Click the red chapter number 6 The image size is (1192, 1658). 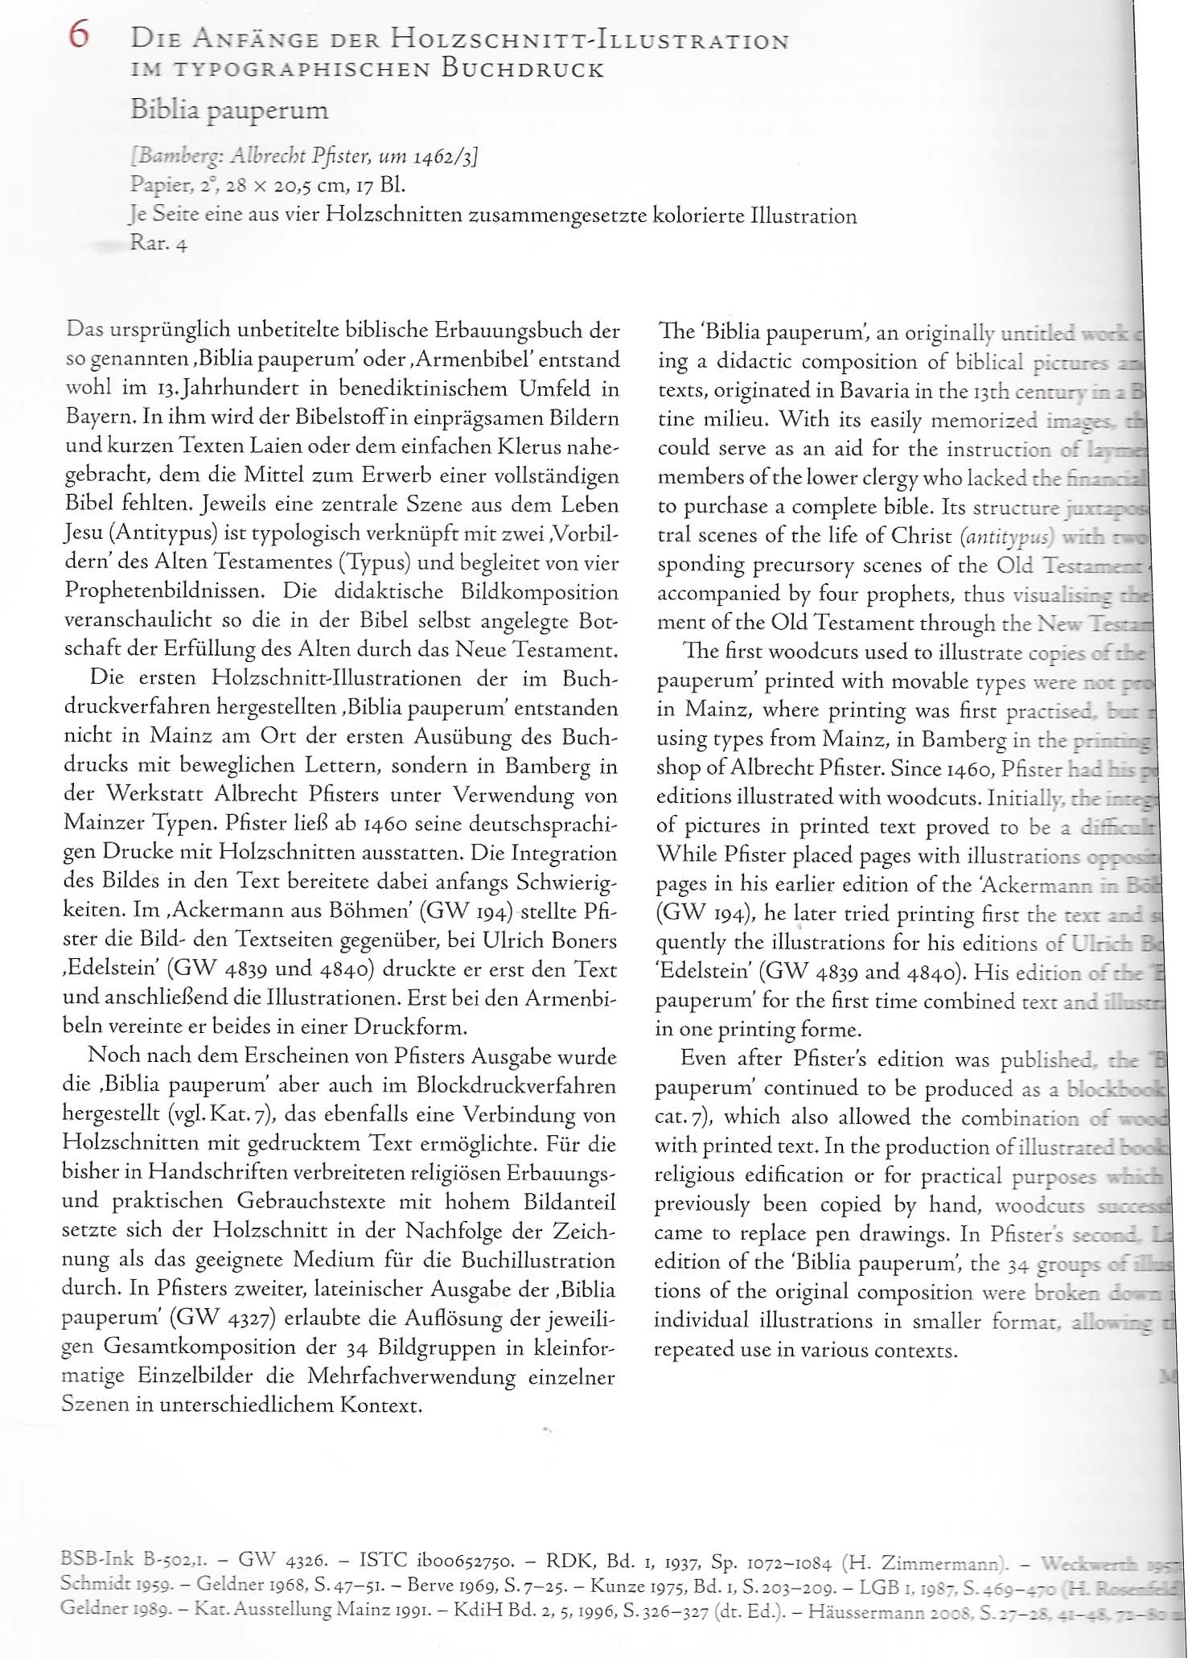[x=79, y=35]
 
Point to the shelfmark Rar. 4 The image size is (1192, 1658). [x=158, y=244]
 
